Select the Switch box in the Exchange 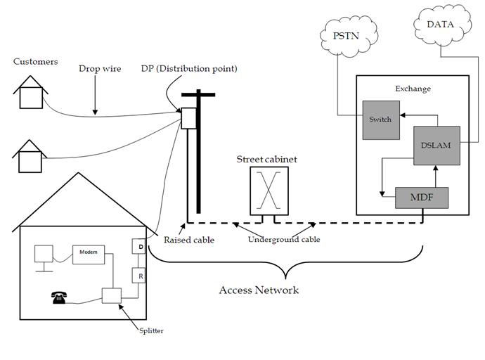380,119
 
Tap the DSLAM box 436,146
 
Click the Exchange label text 413,89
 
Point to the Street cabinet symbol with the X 267,190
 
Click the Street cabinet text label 266,160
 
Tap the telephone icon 59,297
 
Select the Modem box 88,252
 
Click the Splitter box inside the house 111,296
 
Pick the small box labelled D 140,247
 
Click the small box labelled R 140,276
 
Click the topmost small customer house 30,93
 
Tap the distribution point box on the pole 188,119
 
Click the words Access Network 259,290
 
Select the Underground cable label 284,240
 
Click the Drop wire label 99,69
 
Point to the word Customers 35,62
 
